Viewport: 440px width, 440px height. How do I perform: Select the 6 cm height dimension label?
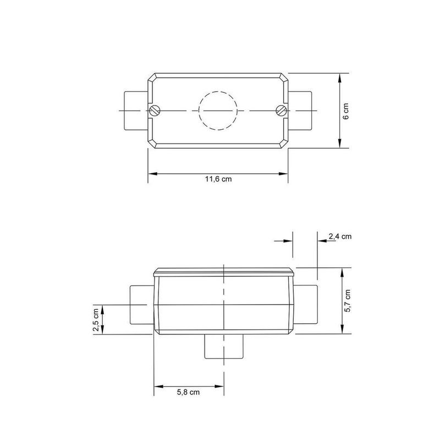(x=345, y=111)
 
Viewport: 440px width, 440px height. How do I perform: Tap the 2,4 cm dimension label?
(x=339, y=237)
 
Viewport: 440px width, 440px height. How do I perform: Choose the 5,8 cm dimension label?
(x=188, y=393)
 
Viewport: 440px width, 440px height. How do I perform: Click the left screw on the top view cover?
(x=156, y=111)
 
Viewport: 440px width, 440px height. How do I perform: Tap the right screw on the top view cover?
(x=280, y=111)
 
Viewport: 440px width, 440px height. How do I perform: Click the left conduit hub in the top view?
(x=134, y=111)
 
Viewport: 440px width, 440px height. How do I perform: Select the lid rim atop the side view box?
(x=224, y=271)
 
